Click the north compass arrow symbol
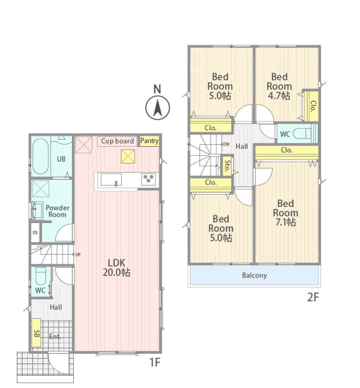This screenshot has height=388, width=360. click(x=157, y=108)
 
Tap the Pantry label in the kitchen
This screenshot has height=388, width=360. click(x=150, y=141)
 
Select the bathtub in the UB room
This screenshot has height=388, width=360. click(x=40, y=156)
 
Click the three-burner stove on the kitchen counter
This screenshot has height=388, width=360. click(x=149, y=179)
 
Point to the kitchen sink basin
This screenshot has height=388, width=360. click(x=111, y=180)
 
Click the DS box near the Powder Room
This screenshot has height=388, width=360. click(x=35, y=233)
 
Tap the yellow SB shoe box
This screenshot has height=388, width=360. click(x=36, y=333)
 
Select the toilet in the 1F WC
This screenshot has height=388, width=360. click(x=41, y=276)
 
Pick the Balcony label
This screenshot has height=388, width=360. click(x=254, y=275)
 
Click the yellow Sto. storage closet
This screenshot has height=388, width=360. click(x=227, y=166)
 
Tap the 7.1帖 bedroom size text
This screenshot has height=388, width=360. click(x=286, y=222)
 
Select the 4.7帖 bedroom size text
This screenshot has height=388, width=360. click(x=279, y=96)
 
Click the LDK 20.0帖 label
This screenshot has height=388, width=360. click(x=117, y=268)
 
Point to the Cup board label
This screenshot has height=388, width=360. click(x=117, y=141)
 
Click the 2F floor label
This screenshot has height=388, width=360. click(x=313, y=297)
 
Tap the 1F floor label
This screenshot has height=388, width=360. click(x=155, y=363)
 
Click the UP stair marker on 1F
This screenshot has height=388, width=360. click(x=78, y=254)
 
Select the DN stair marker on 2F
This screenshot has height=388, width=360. click(x=226, y=144)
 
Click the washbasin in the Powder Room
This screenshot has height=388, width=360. click(x=36, y=211)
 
